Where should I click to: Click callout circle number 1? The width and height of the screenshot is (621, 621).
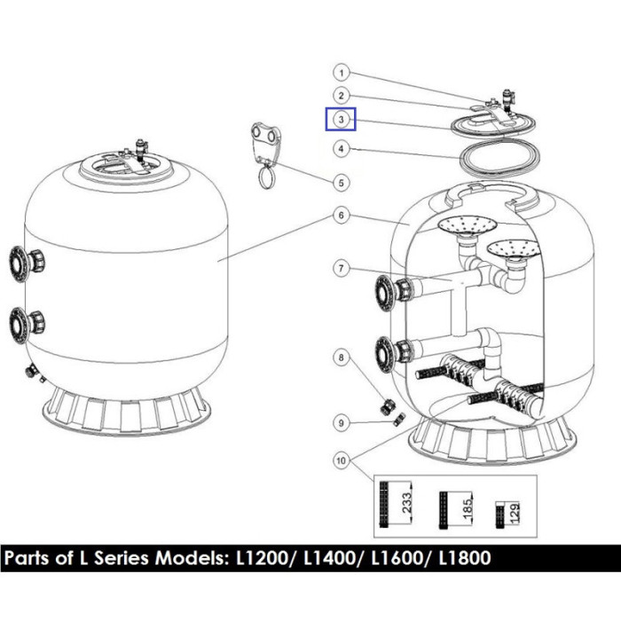click(x=341, y=73)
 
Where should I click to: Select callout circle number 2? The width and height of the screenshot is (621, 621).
click(x=341, y=96)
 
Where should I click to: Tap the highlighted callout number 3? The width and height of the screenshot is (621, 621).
click(x=341, y=119)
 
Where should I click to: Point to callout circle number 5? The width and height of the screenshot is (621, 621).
click(x=341, y=184)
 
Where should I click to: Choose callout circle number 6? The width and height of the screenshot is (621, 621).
click(x=341, y=215)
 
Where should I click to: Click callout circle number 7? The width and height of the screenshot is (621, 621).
click(x=341, y=267)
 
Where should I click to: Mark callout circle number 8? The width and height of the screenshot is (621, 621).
click(x=341, y=358)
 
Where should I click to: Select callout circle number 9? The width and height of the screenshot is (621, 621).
click(x=341, y=423)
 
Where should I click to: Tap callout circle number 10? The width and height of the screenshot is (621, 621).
click(x=341, y=459)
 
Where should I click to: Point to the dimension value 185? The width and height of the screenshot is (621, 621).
click(x=463, y=509)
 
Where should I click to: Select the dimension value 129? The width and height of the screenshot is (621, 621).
click(x=513, y=513)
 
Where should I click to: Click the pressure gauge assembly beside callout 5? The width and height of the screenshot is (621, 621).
click(x=266, y=146)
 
